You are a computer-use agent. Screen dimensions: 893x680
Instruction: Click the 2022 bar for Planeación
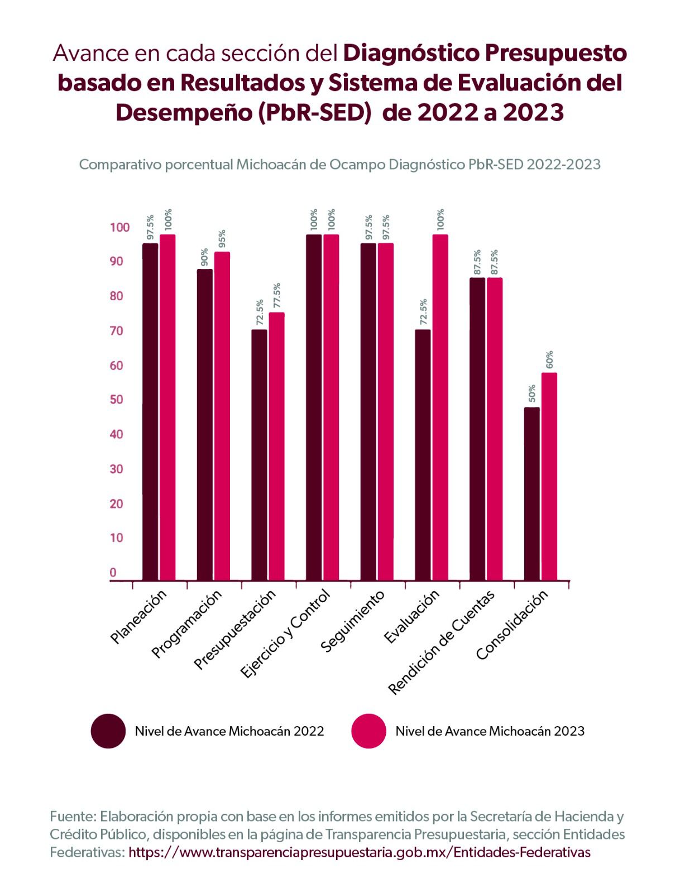tap(150, 412)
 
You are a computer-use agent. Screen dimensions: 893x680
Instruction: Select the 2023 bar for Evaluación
tap(440, 407)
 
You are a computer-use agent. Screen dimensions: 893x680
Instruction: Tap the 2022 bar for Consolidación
tap(532, 494)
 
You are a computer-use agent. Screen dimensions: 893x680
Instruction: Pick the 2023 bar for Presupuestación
tap(276, 446)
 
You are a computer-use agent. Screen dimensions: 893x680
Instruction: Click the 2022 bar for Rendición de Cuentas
tap(477, 429)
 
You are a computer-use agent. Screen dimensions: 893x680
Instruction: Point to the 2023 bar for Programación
tap(222, 416)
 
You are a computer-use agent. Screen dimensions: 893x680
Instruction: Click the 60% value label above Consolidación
tap(549, 360)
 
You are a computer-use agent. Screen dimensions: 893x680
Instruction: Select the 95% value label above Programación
tap(222, 239)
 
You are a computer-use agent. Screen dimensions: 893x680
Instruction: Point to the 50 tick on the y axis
tap(116, 400)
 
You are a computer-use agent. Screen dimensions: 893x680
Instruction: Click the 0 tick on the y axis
tap(113, 572)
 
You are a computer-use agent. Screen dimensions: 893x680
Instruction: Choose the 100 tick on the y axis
tap(119, 227)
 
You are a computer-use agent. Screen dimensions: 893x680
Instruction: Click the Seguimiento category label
tap(353, 621)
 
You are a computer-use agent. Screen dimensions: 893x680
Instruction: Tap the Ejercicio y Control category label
tap(286, 633)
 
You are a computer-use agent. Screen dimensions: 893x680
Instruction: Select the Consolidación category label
tap(513, 625)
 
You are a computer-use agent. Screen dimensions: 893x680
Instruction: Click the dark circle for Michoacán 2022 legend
tap(108, 731)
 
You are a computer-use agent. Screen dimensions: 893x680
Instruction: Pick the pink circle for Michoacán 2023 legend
tap(369, 731)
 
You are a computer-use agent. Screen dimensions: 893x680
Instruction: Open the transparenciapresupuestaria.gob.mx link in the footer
tap(359, 852)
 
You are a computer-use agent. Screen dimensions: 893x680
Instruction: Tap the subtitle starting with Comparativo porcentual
tap(339, 165)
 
